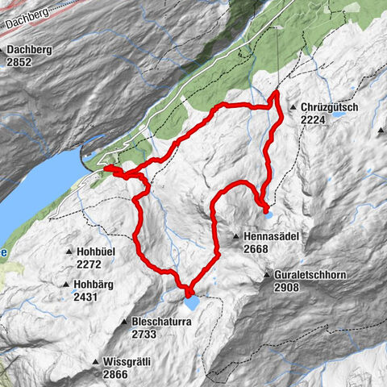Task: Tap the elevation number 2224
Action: tap(314, 119)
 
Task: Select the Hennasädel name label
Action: tap(271, 236)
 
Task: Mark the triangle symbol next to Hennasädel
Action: tap(236, 236)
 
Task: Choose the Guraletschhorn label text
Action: tap(310, 276)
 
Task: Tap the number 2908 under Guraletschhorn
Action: tap(288, 287)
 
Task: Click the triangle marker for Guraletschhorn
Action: tap(266, 276)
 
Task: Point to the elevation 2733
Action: tap(145, 333)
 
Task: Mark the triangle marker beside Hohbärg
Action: tap(64, 285)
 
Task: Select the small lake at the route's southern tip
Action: tap(193, 303)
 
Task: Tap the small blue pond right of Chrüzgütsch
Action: tap(338, 115)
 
